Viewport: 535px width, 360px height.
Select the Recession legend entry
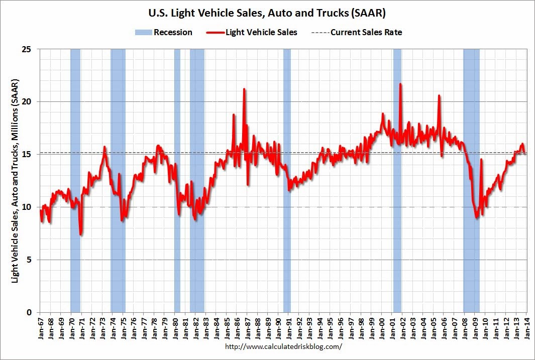click(164, 33)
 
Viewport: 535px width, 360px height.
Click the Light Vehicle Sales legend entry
click(252, 33)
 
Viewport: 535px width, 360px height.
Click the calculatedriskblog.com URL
click(284, 347)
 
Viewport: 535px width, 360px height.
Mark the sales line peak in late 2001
click(400, 84)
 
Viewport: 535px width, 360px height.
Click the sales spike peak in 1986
click(244, 89)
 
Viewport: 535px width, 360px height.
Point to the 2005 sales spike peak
click(439, 95)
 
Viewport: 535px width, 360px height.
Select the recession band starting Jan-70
click(75, 181)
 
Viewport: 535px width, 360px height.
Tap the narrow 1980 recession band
click(177, 181)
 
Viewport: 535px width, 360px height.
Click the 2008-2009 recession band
click(471, 181)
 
